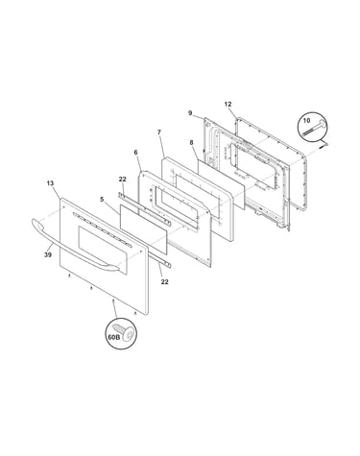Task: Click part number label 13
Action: (50, 183)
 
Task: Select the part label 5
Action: (102, 200)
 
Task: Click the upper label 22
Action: (123, 180)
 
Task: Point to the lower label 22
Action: (164, 281)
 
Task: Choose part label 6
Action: (135, 153)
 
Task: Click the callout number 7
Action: (159, 132)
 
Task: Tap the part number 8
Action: (191, 143)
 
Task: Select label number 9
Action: (190, 113)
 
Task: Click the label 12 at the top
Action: (228, 104)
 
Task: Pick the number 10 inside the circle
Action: (306, 121)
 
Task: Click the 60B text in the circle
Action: (112, 337)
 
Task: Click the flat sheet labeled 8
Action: (221, 184)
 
